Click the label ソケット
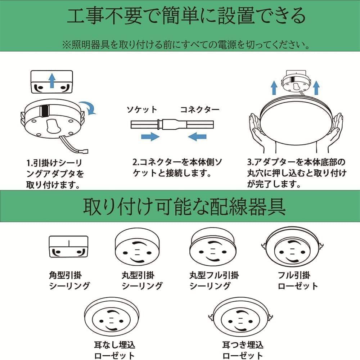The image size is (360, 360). (x=141, y=109)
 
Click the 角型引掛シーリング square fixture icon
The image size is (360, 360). (x=68, y=246)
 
